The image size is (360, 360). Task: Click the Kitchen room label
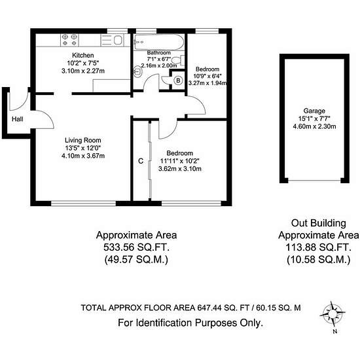[83, 56]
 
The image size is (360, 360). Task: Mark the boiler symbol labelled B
[178, 81]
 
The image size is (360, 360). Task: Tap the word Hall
[17, 120]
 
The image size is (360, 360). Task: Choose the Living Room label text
[82, 139]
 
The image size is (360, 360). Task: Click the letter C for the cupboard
[141, 160]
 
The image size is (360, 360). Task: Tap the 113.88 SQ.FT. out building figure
[319, 247]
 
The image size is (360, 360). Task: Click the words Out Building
[319, 223]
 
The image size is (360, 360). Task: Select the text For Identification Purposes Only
[190, 323]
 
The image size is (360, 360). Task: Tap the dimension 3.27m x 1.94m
[207, 83]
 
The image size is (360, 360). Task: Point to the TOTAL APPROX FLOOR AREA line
[190, 307]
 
